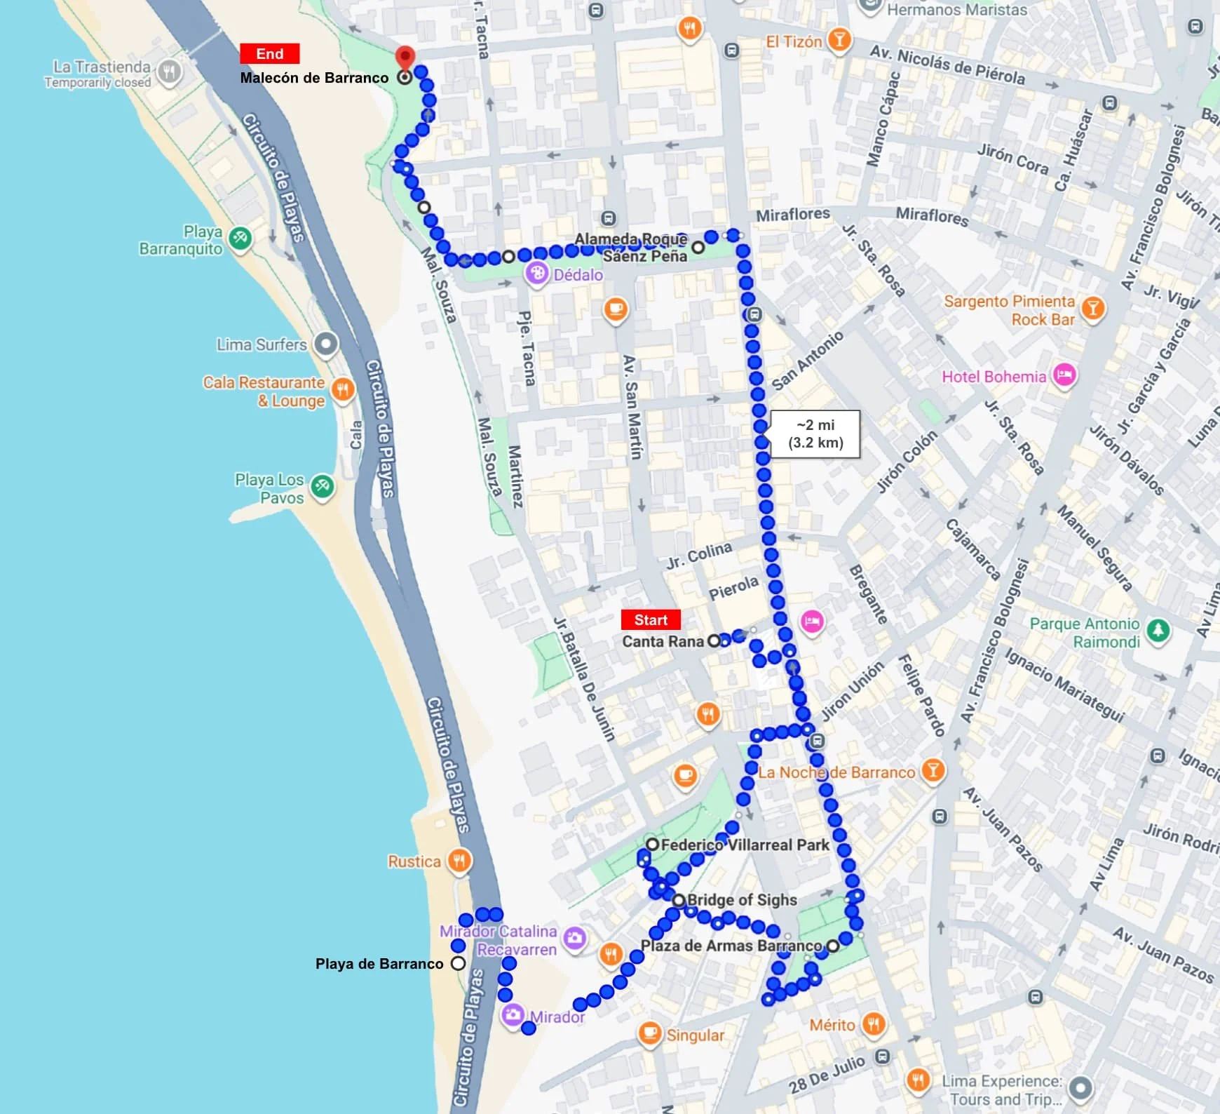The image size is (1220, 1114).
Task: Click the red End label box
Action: (270, 54)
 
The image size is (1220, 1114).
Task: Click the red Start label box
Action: (651, 620)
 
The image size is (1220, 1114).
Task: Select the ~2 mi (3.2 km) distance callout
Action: (815, 434)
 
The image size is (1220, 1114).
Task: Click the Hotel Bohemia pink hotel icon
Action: (1064, 375)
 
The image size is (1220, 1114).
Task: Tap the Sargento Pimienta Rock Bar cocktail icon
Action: (1092, 309)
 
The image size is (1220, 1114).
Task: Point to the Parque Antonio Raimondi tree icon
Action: (1158, 630)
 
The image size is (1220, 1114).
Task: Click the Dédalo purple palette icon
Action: (537, 274)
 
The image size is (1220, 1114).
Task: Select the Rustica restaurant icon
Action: (459, 861)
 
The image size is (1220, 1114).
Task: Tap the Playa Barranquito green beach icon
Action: (240, 238)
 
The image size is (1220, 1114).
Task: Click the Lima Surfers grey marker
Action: (325, 344)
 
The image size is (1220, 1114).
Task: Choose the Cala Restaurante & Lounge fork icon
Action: (342, 389)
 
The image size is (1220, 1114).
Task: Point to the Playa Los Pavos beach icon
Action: (322, 486)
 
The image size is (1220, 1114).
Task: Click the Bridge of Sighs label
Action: (742, 900)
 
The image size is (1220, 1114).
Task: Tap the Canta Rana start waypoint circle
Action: (714, 640)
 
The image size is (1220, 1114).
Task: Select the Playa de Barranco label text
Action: (379, 964)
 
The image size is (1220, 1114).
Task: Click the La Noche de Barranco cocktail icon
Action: (933, 771)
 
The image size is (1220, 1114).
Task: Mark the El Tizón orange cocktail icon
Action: (839, 40)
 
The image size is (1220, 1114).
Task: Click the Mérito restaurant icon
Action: (873, 1025)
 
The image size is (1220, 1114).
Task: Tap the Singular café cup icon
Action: (649, 1033)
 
